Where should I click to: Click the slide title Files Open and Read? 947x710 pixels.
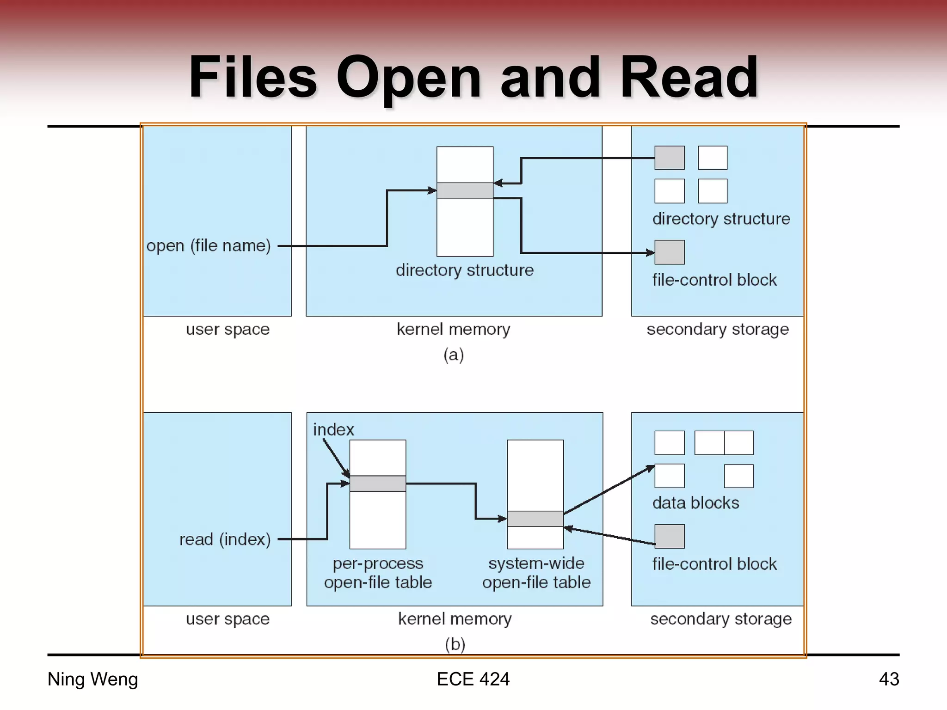click(473, 77)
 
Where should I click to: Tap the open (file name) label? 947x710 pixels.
click(209, 245)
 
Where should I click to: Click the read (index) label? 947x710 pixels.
click(225, 539)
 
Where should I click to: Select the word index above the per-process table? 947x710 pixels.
click(333, 430)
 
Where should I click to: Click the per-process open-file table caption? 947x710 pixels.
click(378, 573)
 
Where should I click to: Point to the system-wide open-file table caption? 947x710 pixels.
click(536, 573)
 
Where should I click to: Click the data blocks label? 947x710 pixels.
click(695, 502)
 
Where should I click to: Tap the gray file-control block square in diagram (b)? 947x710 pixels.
click(669, 536)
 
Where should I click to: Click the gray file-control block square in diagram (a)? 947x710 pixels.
click(669, 252)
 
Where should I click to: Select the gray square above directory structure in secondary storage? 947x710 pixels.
click(669, 158)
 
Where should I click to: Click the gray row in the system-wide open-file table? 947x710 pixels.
click(535, 519)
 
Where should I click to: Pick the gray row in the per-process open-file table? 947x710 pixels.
click(377, 484)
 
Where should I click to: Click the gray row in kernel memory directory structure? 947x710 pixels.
click(465, 190)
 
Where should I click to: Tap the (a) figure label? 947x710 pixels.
click(453, 355)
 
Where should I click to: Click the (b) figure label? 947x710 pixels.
click(455, 644)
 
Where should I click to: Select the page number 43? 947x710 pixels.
click(888, 679)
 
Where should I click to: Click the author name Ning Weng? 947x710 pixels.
click(92, 679)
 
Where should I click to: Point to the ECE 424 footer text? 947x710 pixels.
click(473, 679)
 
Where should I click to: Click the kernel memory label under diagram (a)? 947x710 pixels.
click(453, 329)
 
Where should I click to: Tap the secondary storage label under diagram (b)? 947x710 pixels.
click(720, 618)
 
